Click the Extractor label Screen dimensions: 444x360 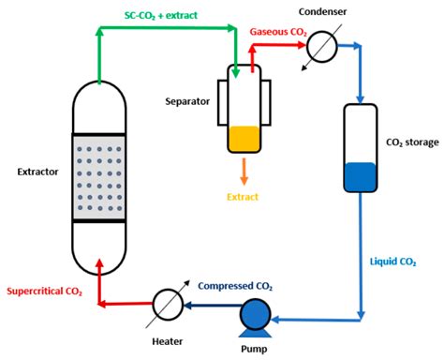coord(37,172)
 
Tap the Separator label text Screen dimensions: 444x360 coord(187,101)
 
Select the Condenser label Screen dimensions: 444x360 coord(322,12)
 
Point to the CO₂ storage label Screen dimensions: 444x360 coord(412,142)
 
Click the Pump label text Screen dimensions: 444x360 coord(254,349)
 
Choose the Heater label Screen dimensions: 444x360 coord(168,341)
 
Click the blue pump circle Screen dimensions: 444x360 coord(255,314)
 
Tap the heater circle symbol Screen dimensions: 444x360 coord(168,305)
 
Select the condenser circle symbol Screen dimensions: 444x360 coord(322,47)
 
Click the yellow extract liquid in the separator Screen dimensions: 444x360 coord(244,139)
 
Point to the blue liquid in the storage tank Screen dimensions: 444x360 coord(361,176)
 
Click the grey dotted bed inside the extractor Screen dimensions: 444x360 coord(99,178)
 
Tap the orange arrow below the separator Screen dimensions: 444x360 coord(244,172)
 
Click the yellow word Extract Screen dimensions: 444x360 coord(243,197)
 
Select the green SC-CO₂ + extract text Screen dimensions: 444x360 coord(161,16)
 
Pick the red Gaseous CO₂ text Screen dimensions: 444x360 coord(278,32)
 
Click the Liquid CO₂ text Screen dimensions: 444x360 coord(392,262)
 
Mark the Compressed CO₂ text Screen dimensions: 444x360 coord(235,286)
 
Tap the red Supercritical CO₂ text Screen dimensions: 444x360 coord(44,292)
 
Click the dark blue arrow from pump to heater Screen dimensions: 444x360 coord(212,305)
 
